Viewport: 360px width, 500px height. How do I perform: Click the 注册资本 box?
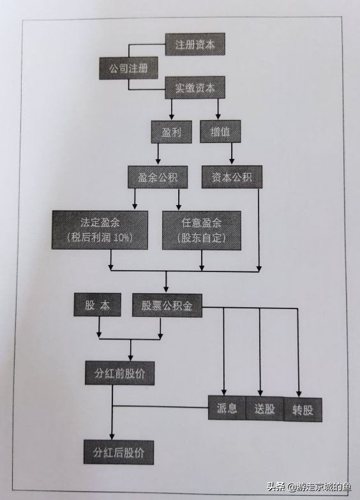(195, 45)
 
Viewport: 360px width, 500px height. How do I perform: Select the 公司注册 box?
(128, 67)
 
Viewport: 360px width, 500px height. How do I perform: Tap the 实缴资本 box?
(195, 87)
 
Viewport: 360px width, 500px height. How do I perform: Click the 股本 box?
(98, 305)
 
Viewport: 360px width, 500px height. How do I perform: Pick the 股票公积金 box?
(167, 305)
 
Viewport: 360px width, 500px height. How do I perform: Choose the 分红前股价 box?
(120, 372)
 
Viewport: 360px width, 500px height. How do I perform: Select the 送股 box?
(264, 409)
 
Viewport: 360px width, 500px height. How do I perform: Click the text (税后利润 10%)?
(100, 238)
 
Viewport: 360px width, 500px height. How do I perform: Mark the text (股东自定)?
(202, 238)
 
